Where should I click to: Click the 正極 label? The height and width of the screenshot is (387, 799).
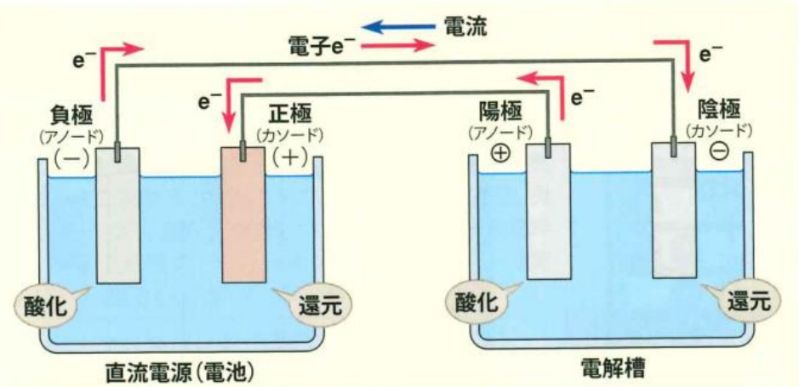[x=290, y=111]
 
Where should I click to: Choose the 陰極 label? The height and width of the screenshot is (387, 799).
[x=719, y=109]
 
